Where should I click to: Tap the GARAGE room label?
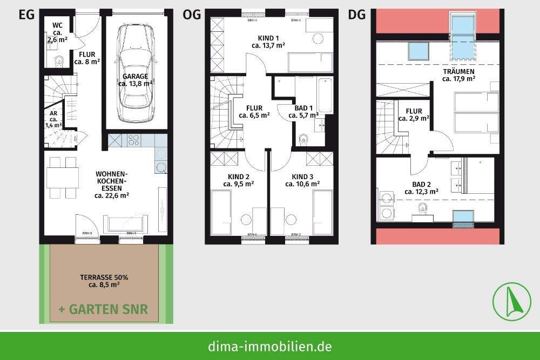[x=135, y=76]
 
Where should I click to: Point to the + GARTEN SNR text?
[x=103, y=310]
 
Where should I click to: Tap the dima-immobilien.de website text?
[x=269, y=346]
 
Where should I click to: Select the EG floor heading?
[x=26, y=15]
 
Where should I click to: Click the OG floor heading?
[x=192, y=15]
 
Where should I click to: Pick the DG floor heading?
[x=356, y=15]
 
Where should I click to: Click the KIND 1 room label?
[x=268, y=38]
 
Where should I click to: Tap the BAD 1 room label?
[x=302, y=107]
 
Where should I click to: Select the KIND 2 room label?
[x=238, y=176]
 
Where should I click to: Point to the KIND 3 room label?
[x=302, y=176]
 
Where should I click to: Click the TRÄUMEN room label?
[x=458, y=71]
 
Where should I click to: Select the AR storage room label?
[x=53, y=113]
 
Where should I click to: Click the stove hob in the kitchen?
[x=133, y=141]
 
